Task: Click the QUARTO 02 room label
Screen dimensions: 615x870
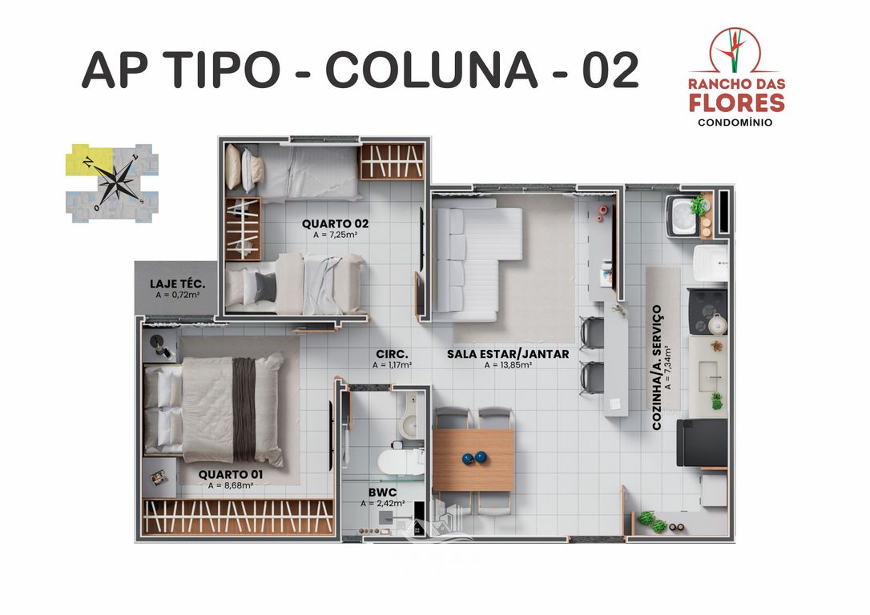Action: pos(335,223)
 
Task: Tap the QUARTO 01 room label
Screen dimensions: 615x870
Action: pos(231,473)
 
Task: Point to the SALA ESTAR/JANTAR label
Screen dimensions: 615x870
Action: pos(508,353)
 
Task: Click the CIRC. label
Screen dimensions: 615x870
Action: pos(392,353)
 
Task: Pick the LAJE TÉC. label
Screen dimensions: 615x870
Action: pos(178,283)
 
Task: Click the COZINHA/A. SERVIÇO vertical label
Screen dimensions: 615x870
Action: pos(657,368)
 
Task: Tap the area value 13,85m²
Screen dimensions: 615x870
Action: pos(508,365)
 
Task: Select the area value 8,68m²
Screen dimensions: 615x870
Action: pos(231,485)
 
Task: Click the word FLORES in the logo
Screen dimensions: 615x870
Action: pos(736,102)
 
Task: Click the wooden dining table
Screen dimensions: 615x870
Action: pos(473,460)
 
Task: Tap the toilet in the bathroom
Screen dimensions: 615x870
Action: pos(397,461)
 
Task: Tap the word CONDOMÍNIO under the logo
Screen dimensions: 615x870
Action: pos(736,123)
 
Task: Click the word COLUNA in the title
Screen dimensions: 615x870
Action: pos(432,70)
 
